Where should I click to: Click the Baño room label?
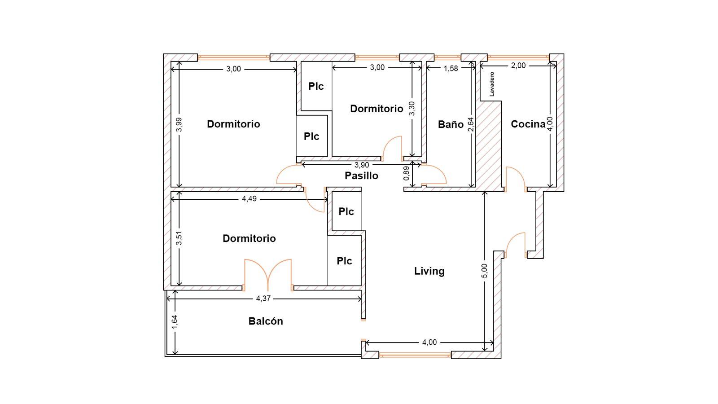point(451,124)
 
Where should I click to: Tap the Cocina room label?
point(528,124)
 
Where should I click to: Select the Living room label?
point(429,271)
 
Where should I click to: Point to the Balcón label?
point(266,321)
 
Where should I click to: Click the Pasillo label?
point(361,176)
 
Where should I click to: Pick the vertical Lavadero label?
point(492,84)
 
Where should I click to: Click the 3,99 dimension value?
point(179,125)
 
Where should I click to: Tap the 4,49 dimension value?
point(249,199)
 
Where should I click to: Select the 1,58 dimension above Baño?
point(451,68)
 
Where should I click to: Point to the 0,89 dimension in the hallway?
point(407,173)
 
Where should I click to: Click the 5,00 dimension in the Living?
point(484,271)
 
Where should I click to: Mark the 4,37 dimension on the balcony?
point(263,299)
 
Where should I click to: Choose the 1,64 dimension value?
point(175,322)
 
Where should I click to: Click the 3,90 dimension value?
point(362,165)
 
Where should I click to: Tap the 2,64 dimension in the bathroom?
point(471,124)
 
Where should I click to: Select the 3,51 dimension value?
point(179,238)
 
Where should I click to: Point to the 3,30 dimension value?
point(412,108)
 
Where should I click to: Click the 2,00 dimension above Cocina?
point(518,66)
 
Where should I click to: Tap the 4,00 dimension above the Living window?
point(429,343)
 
